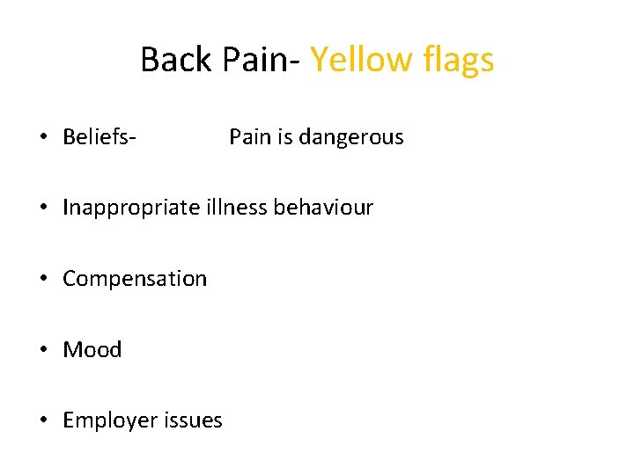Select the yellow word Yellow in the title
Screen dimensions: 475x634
coord(361,60)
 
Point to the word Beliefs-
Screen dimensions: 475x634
coord(99,137)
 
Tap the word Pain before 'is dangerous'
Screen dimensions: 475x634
coord(249,137)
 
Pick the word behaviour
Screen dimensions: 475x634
coord(323,208)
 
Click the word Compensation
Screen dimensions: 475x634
coord(135,280)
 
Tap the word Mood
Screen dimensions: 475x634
coord(92,350)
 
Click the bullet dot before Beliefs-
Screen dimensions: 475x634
coord(42,138)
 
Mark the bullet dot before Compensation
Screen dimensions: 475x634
coord(42,280)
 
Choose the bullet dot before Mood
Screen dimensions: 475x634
coord(42,351)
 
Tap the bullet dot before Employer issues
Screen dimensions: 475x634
coord(42,421)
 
